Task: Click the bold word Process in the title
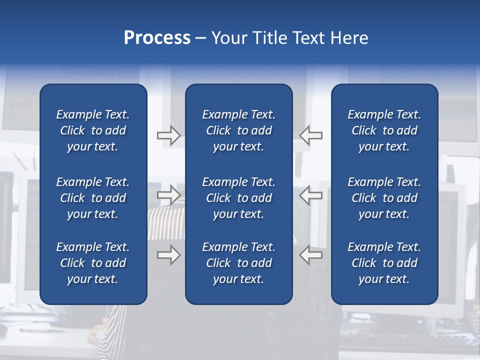click(x=157, y=38)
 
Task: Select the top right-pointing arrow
click(x=169, y=135)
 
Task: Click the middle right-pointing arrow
click(x=169, y=195)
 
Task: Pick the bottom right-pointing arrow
click(x=169, y=255)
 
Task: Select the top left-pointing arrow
click(x=311, y=135)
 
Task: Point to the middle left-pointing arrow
click(x=311, y=195)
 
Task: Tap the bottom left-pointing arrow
click(x=311, y=255)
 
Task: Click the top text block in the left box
click(x=93, y=130)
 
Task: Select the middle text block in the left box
click(x=93, y=198)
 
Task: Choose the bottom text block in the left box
click(x=93, y=263)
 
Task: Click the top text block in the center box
click(x=239, y=130)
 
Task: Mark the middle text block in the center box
click(x=239, y=198)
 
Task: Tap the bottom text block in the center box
click(x=239, y=263)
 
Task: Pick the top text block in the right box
click(x=384, y=130)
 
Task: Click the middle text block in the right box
click(x=384, y=198)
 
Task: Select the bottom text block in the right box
click(x=384, y=263)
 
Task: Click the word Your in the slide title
click(x=227, y=38)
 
